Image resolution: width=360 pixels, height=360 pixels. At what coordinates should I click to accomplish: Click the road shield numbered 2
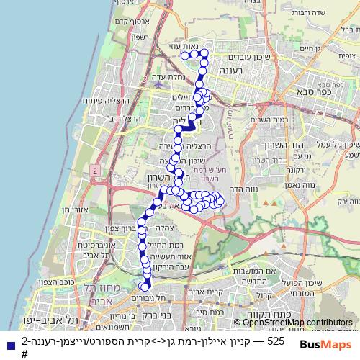[94, 168]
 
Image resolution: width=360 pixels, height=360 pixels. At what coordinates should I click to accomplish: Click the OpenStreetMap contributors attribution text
[297, 323]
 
